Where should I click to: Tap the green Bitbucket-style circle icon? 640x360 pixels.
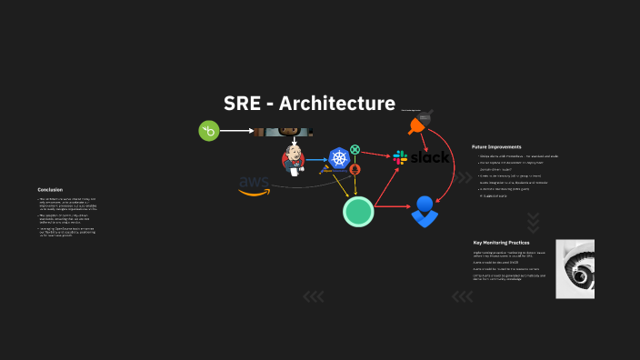click(210, 131)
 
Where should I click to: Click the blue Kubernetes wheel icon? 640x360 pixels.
click(340, 158)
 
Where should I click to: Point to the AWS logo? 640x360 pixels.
click(255, 184)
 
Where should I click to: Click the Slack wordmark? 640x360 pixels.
click(430, 157)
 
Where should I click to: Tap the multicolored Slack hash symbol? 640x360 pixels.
click(400, 158)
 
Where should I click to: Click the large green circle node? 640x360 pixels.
click(358, 212)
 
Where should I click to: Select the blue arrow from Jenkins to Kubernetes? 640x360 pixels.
click(315, 159)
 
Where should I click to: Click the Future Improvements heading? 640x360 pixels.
click(495, 146)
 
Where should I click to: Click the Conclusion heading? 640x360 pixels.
click(50, 189)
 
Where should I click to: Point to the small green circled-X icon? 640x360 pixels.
click(355, 149)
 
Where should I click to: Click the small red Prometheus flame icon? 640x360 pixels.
click(355, 169)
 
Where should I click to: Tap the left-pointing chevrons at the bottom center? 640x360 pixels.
click(313, 295)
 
